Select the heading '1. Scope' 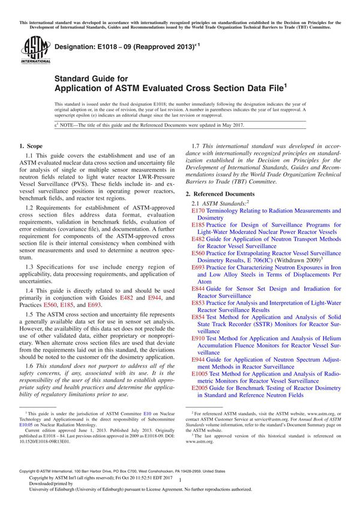(x=31, y=146)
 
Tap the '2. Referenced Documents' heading (x=220, y=195)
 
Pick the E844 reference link (x=197, y=288)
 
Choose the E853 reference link (x=197, y=303)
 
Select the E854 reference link (x=197, y=317)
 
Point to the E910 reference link (x=197, y=339)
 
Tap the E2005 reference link (x=199, y=388)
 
